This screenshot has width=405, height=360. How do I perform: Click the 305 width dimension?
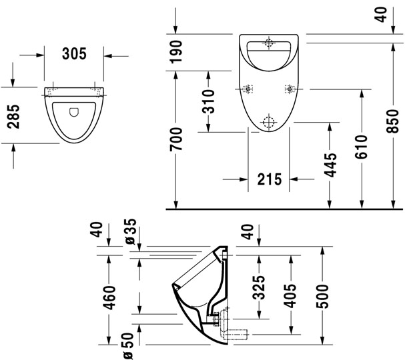[x=74, y=55]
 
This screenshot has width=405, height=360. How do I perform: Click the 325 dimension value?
[x=259, y=286]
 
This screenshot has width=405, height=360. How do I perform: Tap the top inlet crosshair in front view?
[x=269, y=43]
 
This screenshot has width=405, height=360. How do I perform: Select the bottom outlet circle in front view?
[x=269, y=121]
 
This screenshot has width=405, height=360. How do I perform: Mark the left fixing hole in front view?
[x=248, y=89]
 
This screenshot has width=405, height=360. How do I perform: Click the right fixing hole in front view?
[x=289, y=89]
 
